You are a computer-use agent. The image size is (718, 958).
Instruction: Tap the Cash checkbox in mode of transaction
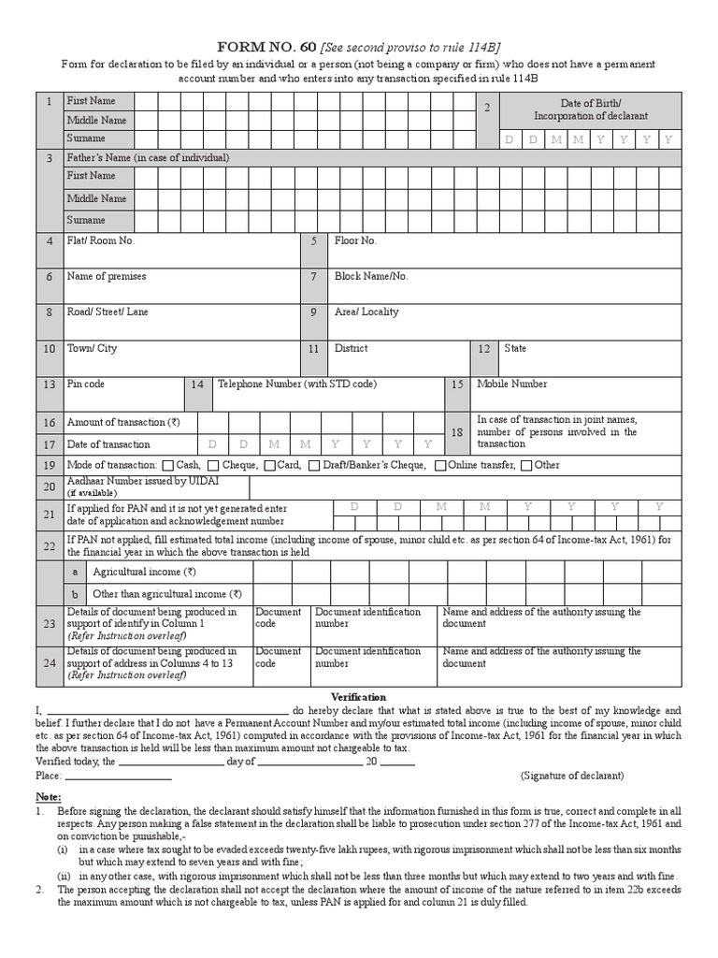point(167,466)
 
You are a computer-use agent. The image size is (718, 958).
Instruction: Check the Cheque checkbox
point(213,466)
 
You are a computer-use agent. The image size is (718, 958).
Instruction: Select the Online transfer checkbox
point(440,466)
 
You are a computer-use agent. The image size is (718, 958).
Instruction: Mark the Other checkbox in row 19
point(526,466)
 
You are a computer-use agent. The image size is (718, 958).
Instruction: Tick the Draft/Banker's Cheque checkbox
point(314,466)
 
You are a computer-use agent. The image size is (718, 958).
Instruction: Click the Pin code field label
point(86,385)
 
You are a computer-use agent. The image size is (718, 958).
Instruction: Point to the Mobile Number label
point(512,385)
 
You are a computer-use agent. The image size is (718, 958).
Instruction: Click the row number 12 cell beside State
point(483,349)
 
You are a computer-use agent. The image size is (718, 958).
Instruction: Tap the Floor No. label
point(356,241)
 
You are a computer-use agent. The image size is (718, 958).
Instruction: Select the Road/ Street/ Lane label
point(108,312)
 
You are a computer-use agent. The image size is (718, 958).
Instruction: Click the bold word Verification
point(359,698)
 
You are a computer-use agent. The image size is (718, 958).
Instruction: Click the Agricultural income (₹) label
point(144,572)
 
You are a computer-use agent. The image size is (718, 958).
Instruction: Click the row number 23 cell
point(49,624)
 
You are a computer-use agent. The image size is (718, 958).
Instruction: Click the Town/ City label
point(93,349)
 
